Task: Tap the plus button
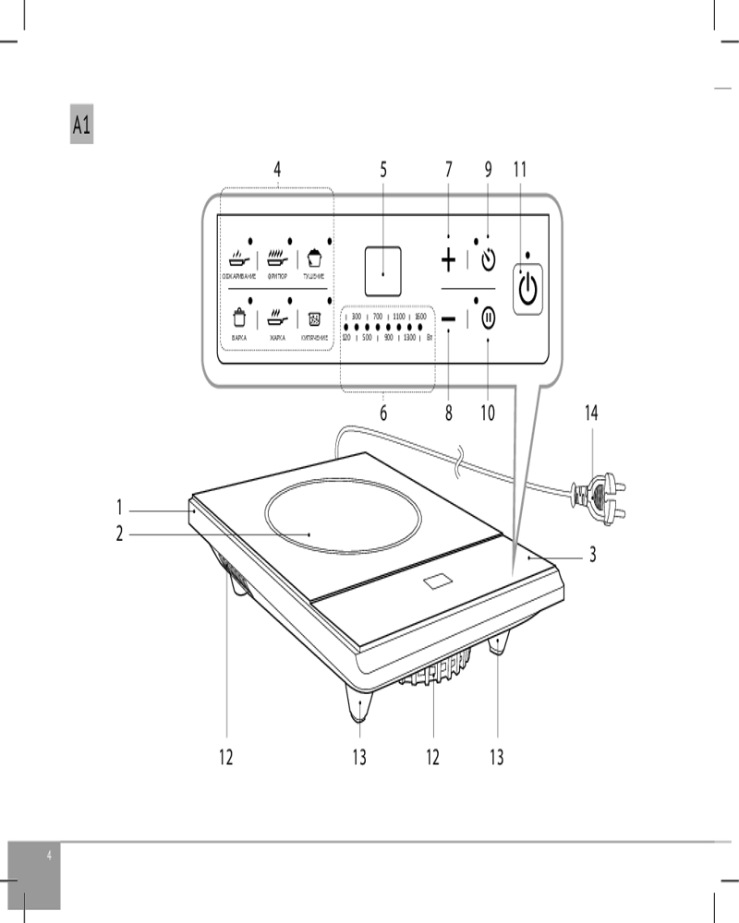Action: pos(449,261)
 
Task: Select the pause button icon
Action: pos(489,318)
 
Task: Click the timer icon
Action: pos(489,260)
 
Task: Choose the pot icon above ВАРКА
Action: pos(239,319)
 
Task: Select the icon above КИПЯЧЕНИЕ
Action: pos(315,319)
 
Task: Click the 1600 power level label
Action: pos(420,317)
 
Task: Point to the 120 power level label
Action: pos(345,339)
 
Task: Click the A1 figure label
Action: pos(81,126)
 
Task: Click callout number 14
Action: pos(590,414)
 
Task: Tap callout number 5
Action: pos(383,170)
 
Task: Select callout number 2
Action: pos(119,533)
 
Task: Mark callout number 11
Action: pos(519,170)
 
